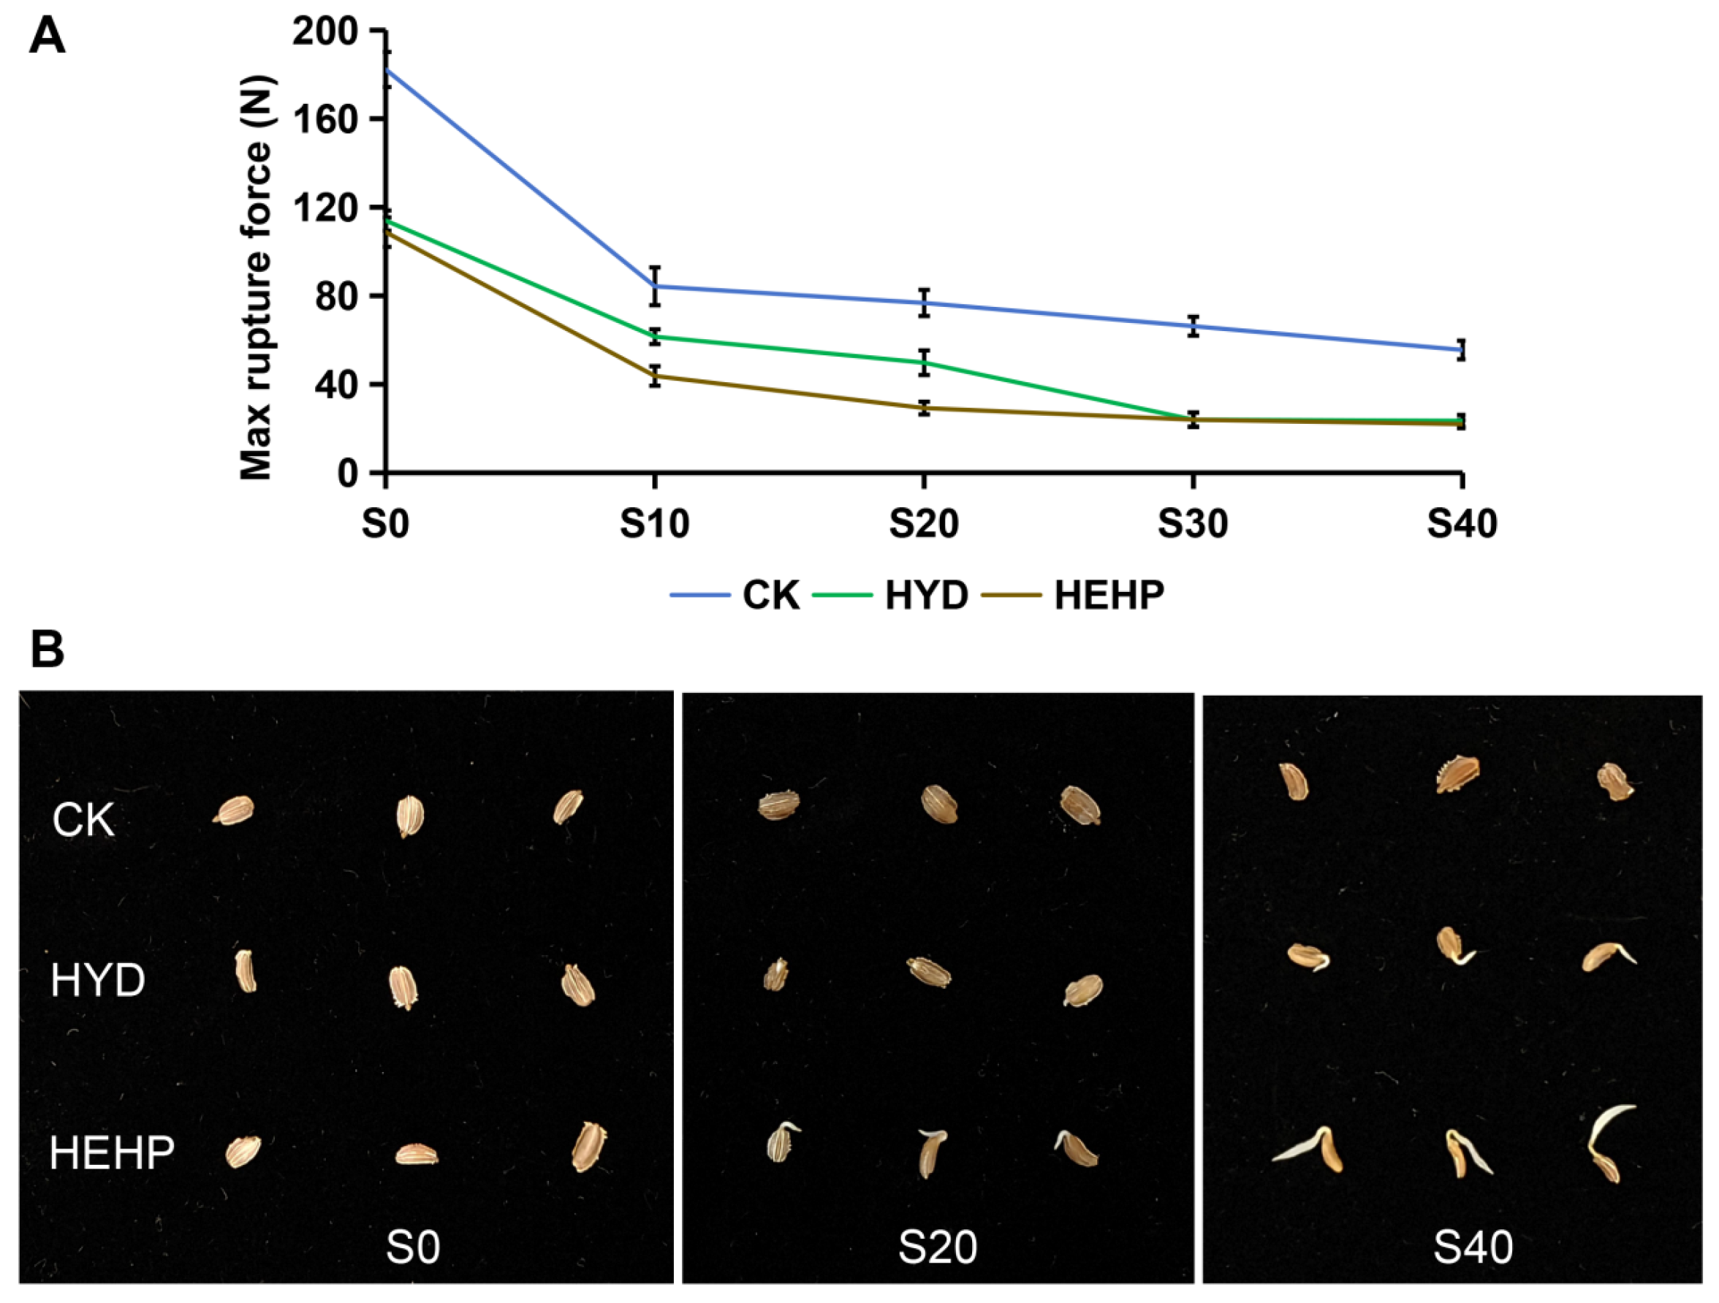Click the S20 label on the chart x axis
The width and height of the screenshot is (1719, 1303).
(x=923, y=524)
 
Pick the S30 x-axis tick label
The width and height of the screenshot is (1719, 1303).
(x=1192, y=524)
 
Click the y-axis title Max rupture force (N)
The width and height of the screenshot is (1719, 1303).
(x=257, y=278)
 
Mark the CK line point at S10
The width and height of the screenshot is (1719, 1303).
(x=655, y=286)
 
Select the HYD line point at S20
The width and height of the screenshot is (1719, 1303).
(x=924, y=362)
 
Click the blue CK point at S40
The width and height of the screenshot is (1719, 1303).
(x=1462, y=349)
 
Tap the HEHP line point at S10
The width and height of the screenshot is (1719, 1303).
(x=655, y=376)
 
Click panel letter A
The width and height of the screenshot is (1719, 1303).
(x=47, y=37)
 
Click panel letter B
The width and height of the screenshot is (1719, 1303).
(x=47, y=649)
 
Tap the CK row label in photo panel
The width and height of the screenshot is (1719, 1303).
(x=83, y=821)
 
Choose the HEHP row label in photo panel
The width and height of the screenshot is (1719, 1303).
(x=112, y=1152)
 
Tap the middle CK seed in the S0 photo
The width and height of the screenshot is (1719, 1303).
(x=409, y=816)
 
